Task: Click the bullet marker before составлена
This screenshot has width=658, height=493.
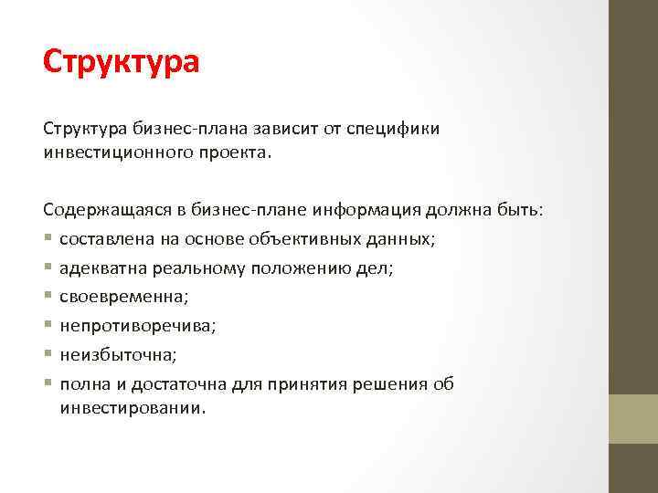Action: (48, 241)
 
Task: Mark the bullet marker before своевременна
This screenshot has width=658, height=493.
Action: (48, 298)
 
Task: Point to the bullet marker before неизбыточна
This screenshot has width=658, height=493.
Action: (48, 355)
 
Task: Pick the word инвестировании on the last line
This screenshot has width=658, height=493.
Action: (132, 408)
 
